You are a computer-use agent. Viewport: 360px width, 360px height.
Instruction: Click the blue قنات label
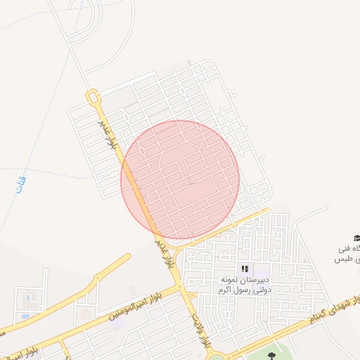click(x=20, y=185)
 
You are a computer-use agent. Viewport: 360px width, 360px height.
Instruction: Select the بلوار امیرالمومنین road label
click(x=138, y=303)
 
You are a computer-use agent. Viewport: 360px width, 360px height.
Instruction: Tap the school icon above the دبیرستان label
click(x=244, y=269)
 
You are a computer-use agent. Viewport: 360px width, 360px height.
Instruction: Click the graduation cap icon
click(x=356, y=238)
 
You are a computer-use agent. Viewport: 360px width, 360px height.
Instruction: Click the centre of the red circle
click(x=180, y=179)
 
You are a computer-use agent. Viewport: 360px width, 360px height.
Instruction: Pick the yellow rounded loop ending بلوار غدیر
click(x=92, y=96)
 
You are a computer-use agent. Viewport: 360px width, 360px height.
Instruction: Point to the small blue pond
click(x=25, y=316)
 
